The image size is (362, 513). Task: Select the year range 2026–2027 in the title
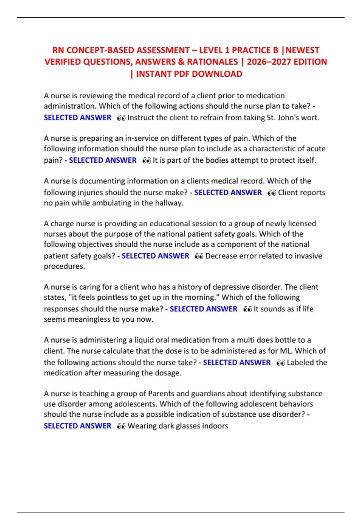pyautogui.click(x=269, y=62)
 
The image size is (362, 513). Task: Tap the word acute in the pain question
pyautogui.click(x=316, y=149)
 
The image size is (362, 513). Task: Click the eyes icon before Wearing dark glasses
pyautogui.click(x=121, y=426)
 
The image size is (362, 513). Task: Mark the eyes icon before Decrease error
pyautogui.click(x=199, y=256)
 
